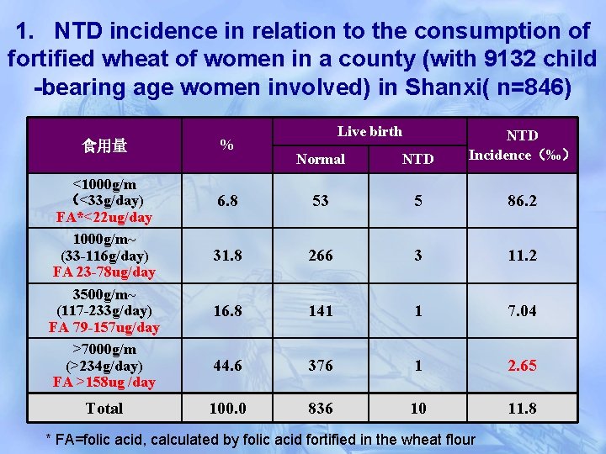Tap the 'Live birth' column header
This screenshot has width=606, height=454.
pos(369,131)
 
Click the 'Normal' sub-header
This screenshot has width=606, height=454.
pos(321,159)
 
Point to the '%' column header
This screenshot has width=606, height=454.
pos(226,145)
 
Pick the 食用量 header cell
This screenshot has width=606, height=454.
pos(104,145)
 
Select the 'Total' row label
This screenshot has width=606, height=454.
pos(104,409)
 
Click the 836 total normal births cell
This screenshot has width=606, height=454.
pos(321,409)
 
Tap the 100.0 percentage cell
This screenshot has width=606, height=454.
pos(227,409)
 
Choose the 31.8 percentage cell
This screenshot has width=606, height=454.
pos(227,256)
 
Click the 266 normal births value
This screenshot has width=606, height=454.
pos(321,256)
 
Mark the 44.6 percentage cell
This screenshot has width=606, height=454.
pos(227,366)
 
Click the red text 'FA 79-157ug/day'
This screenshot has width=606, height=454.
pos(104,327)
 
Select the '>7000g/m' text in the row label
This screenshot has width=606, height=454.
pos(104,349)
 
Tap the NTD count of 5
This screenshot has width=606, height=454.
pos(418,201)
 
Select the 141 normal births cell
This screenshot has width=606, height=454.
pos(321,311)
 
